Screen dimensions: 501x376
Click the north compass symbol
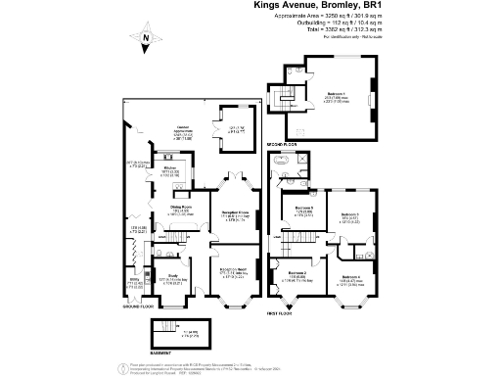[145, 40]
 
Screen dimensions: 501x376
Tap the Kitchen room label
[171, 168]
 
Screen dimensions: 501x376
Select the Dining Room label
[153, 208]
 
